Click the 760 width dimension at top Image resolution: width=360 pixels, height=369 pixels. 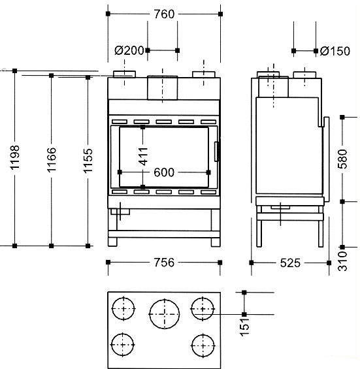pyautogui.click(x=164, y=14)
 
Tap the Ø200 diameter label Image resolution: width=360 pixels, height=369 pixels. pyautogui.click(x=129, y=50)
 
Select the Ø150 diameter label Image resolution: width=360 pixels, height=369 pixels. pyautogui.click(x=335, y=51)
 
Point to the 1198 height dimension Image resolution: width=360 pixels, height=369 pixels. pyautogui.click(x=15, y=157)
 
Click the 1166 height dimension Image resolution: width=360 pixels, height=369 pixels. pyautogui.click(x=52, y=159)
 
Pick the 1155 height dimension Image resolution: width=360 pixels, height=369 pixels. pyautogui.click(x=88, y=160)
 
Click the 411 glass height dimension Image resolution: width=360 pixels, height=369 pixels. pyautogui.click(x=143, y=156)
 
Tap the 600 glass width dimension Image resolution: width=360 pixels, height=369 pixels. pyautogui.click(x=164, y=172)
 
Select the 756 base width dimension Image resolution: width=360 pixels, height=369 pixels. pyautogui.click(x=164, y=263)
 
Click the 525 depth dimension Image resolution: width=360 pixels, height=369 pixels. pyautogui.click(x=290, y=263)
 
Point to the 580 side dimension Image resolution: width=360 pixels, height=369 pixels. pyautogui.click(x=342, y=159)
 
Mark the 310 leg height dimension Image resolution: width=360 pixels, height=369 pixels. pyautogui.click(x=342, y=261)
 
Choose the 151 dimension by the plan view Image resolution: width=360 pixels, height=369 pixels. pyautogui.click(x=244, y=327)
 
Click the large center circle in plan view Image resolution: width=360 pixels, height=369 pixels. pyautogui.click(x=165, y=313)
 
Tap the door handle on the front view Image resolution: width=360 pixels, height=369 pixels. pyautogui.click(x=217, y=152)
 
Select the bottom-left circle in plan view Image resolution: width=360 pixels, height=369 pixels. pyautogui.click(x=122, y=345)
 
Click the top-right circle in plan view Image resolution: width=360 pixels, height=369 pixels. pyautogui.click(x=203, y=309)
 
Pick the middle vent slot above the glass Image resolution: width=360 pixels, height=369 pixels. pyautogui.click(x=163, y=121)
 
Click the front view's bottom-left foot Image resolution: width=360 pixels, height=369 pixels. pyautogui.click(x=112, y=242)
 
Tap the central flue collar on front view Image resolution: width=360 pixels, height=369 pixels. pyautogui.click(x=163, y=88)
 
